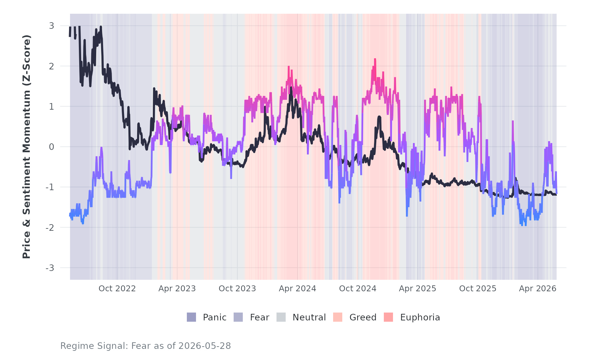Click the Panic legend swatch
click(191, 317)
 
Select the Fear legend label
click(259, 317)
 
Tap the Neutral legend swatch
click(281, 317)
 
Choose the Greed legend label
click(363, 317)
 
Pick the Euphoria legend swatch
click(388, 317)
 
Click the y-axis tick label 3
click(52, 26)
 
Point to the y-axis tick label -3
click(50, 268)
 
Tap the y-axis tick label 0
click(52, 147)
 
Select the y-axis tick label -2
click(50, 227)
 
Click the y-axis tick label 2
click(52, 66)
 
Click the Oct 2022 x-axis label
click(117, 289)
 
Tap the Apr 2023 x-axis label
click(177, 289)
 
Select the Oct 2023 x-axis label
click(237, 289)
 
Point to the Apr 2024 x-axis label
click(297, 289)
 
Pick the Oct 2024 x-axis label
click(358, 289)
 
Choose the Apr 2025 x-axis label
click(418, 289)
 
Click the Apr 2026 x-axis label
click(538, 289)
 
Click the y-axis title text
click(27, 147)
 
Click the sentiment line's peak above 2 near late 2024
click(375, 59)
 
